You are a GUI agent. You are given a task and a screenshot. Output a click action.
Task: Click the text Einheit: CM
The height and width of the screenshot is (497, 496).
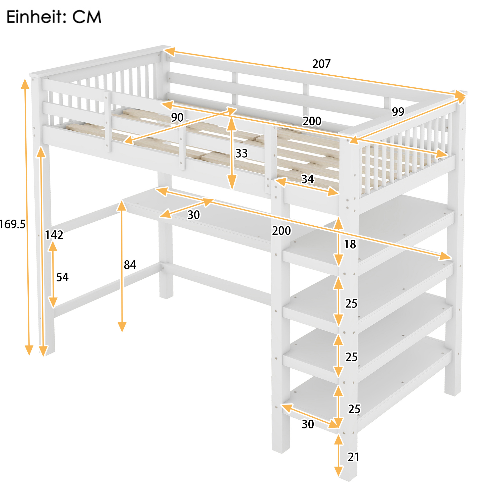[54, 17]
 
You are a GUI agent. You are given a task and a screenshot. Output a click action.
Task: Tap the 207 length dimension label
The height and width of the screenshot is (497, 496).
[321, 64]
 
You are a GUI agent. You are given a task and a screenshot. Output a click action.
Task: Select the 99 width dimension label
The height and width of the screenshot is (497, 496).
[398, 111]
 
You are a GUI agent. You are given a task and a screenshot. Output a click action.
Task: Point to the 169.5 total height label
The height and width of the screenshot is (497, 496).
[12, 224]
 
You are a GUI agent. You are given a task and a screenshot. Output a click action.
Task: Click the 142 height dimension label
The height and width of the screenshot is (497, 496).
[54, 235]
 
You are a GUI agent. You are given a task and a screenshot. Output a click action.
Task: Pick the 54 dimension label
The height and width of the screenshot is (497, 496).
[62, 277]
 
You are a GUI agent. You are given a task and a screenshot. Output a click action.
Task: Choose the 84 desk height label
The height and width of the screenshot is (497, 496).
[130, 265]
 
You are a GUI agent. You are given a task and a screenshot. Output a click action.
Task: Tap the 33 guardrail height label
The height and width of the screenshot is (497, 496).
[241, 153]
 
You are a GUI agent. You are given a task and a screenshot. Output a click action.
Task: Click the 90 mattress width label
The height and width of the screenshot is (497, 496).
[177, 117]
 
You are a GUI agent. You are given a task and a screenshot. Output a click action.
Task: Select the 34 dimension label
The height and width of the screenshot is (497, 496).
[308, 179]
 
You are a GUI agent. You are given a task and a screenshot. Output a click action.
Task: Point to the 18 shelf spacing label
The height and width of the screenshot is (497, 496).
[350, 244]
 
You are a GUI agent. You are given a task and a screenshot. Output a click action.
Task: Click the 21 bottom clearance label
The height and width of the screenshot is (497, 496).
[353, 457]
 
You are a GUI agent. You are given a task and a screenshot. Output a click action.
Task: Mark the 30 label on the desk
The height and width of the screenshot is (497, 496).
[193, 215]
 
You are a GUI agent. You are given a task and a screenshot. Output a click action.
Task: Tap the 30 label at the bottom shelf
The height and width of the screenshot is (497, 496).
[308, 424]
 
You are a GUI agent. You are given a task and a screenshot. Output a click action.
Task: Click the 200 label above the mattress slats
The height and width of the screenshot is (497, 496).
[312, 121]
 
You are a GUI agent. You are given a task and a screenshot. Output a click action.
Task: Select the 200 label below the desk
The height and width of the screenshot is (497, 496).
[281, 230]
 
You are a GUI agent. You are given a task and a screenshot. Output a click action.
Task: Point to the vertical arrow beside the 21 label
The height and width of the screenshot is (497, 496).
[338, 455]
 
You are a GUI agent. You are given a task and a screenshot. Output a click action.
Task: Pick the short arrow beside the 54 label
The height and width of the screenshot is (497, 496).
[53, 275]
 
